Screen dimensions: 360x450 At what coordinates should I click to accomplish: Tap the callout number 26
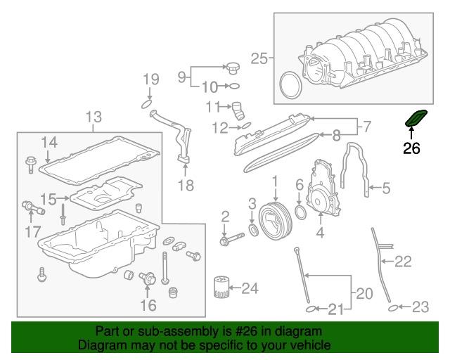click(411, 148)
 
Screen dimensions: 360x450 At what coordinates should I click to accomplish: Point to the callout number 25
click(259, 59)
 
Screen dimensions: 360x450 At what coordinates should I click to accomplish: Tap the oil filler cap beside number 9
click(233, 69)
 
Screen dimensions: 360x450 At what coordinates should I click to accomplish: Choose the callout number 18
click(186, 186)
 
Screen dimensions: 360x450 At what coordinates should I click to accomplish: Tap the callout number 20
click(362, 292)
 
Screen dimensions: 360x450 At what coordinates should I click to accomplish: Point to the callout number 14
click(49, 143)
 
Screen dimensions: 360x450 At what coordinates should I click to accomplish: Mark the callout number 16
click(148, 304)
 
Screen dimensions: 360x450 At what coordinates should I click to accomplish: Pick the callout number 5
click(385, 188)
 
